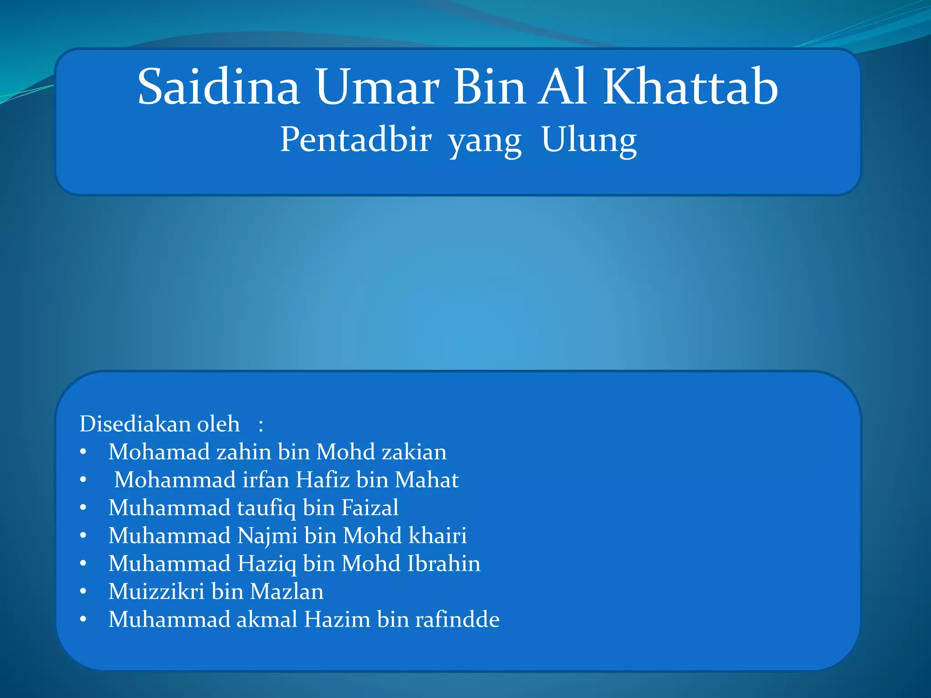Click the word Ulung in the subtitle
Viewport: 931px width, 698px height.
pos(589,140)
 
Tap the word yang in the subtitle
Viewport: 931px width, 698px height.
pos(485,142)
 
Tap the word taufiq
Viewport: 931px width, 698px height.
pos(266,508)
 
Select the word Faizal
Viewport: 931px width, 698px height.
pos(370,508)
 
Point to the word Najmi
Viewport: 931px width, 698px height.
pos(267,536)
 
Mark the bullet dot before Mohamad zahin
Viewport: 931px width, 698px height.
pos(83,452)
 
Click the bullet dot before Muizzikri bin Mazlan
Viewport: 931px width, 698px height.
pos(83,592)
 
